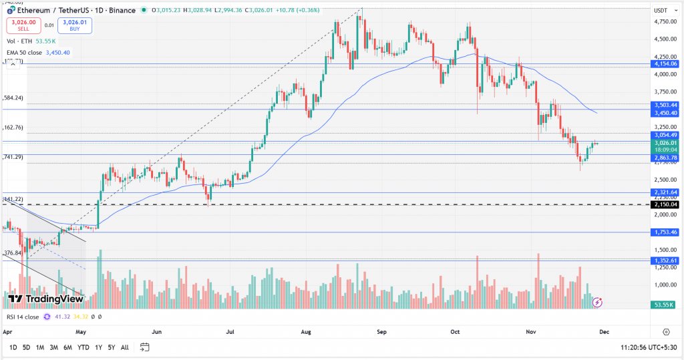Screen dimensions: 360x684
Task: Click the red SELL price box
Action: click(23, 25)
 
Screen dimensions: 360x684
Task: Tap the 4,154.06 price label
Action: click(665, 63)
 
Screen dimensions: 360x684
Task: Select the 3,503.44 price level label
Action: click(665, 105)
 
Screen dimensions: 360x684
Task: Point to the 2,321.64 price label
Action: click(665, 192)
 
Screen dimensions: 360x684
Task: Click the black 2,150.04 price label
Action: click(665, 204)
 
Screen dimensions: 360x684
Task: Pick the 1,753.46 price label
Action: click(665, 232)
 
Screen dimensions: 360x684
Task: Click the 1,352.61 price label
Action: click(665, 260)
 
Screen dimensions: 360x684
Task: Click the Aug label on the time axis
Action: click(307, 331)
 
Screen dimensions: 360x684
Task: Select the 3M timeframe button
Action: click(54, 347)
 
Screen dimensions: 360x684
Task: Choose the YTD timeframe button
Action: click(83, 347)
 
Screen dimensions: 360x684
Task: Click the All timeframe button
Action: click(125, 347)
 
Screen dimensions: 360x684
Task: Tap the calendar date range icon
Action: click(144, 347)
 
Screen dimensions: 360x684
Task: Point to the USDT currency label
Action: click(661, 11)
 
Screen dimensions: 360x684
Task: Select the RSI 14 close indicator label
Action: click(23, 317)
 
